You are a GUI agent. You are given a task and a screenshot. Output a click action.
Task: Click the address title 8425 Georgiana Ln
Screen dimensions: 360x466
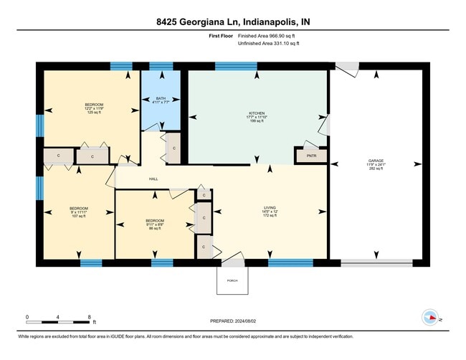(x=232, y=22)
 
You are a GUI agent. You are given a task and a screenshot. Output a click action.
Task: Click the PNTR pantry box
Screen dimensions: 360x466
(x=310, y=155)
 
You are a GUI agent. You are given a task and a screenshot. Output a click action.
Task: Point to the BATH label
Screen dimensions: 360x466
(x=161, y=100)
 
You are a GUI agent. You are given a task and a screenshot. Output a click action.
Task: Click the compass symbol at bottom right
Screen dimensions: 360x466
(x=430, y=317)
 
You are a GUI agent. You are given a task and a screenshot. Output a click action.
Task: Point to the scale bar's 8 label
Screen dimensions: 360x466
(x=88, y=316)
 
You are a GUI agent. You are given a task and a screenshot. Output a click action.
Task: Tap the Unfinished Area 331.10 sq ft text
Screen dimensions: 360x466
(x=267, y=43)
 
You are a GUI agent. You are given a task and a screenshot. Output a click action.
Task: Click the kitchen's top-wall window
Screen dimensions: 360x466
(x=236, y=66)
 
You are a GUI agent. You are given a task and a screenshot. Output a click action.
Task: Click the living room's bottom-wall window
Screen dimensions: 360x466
(x=290, y=263)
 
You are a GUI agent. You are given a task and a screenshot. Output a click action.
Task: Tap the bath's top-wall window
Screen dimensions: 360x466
(x=161, y=66)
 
